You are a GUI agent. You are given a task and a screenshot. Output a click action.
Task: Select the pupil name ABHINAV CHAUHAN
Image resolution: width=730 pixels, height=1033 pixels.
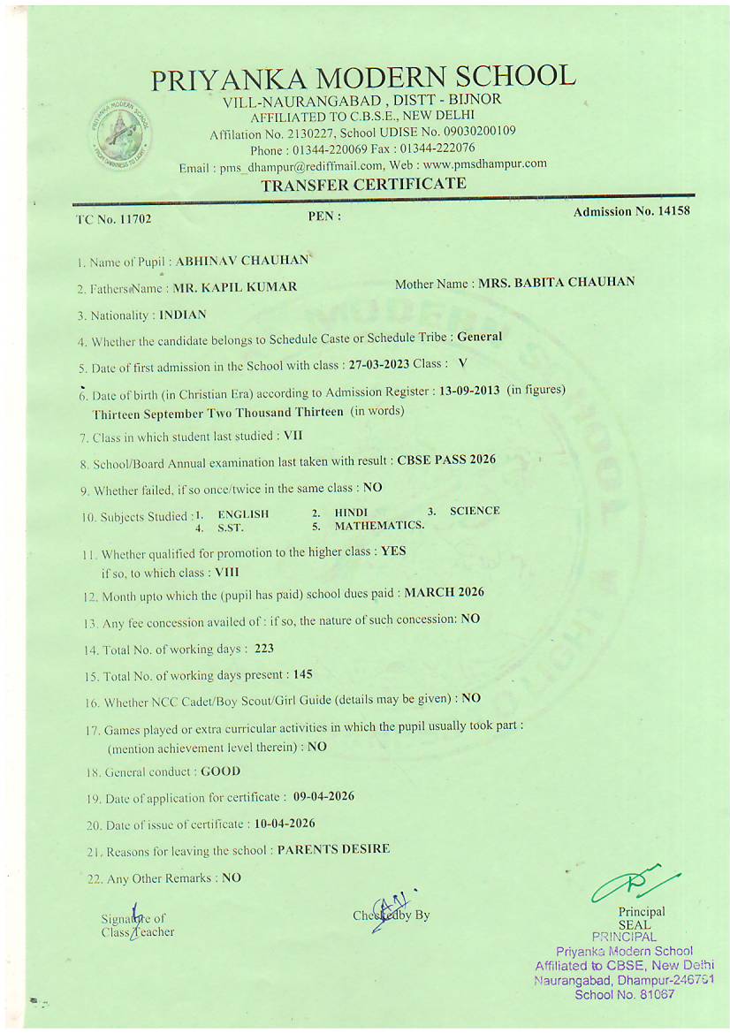tap(242, 261)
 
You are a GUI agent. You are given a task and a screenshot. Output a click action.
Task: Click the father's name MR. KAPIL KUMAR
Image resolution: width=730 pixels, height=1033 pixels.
tap(235, 287)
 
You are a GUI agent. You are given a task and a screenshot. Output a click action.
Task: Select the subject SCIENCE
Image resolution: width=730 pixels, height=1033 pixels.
tap(475, 511)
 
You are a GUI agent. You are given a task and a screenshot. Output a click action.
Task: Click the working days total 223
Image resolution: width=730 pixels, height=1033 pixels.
tap(264, 649)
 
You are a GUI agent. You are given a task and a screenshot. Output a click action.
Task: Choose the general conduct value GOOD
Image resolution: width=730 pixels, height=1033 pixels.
tap(221, 771)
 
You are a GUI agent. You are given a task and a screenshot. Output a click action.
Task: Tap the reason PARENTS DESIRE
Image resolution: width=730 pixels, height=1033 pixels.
tap(333, 849)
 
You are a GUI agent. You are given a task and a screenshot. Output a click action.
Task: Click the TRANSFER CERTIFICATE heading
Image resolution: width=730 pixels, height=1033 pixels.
tap(363, 184)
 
